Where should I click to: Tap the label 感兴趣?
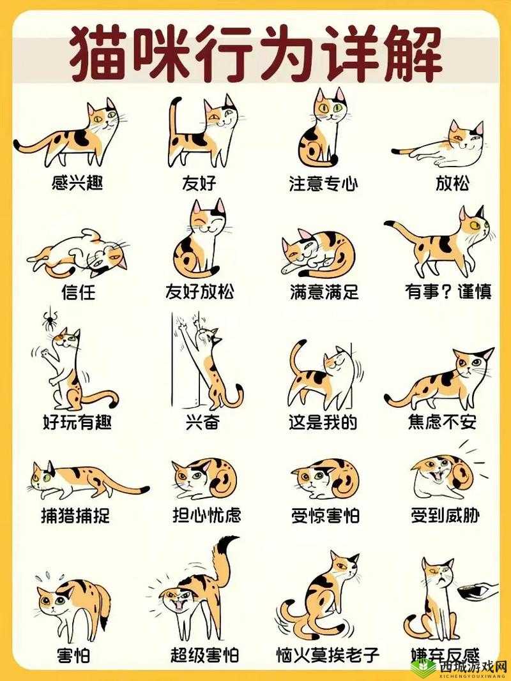(x=77, y=184)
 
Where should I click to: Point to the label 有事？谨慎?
(x=448, y=292)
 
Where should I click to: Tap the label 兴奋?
(x=202, y=423)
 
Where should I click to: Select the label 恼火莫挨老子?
(x=328, y=655)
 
